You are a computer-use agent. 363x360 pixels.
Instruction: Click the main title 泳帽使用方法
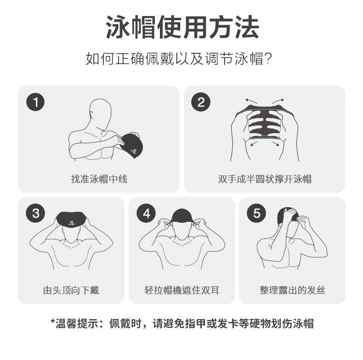coord(182,28)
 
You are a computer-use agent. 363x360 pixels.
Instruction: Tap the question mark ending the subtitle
coord(268,59)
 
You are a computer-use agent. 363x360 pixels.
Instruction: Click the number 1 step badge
coord(35,102)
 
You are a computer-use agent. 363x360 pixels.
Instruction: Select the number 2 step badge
coord(201,102)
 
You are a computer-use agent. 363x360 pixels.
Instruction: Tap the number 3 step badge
coord(35,213)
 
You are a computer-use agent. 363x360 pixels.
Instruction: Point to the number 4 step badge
coord(146,213)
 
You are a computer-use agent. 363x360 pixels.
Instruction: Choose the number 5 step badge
coord(256,213)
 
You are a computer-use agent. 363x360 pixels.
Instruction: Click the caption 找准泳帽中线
coord(99,179)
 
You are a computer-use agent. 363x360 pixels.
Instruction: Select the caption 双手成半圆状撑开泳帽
coord(265,179)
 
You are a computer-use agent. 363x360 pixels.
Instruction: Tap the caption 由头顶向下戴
coord(71,290)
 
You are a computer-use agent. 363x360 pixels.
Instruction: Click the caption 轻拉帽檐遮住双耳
coord(182,290)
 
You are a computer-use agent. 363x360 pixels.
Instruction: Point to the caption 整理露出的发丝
coord(292,290)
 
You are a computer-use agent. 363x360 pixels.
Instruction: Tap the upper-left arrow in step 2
coord(251,101)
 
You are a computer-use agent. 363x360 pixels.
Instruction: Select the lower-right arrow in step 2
coord(276,144)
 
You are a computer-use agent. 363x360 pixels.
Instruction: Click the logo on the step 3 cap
coord(71,223)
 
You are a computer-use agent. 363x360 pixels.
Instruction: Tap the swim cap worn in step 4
coord(182,217)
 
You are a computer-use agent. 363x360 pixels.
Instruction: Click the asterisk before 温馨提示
coord(53,321)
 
